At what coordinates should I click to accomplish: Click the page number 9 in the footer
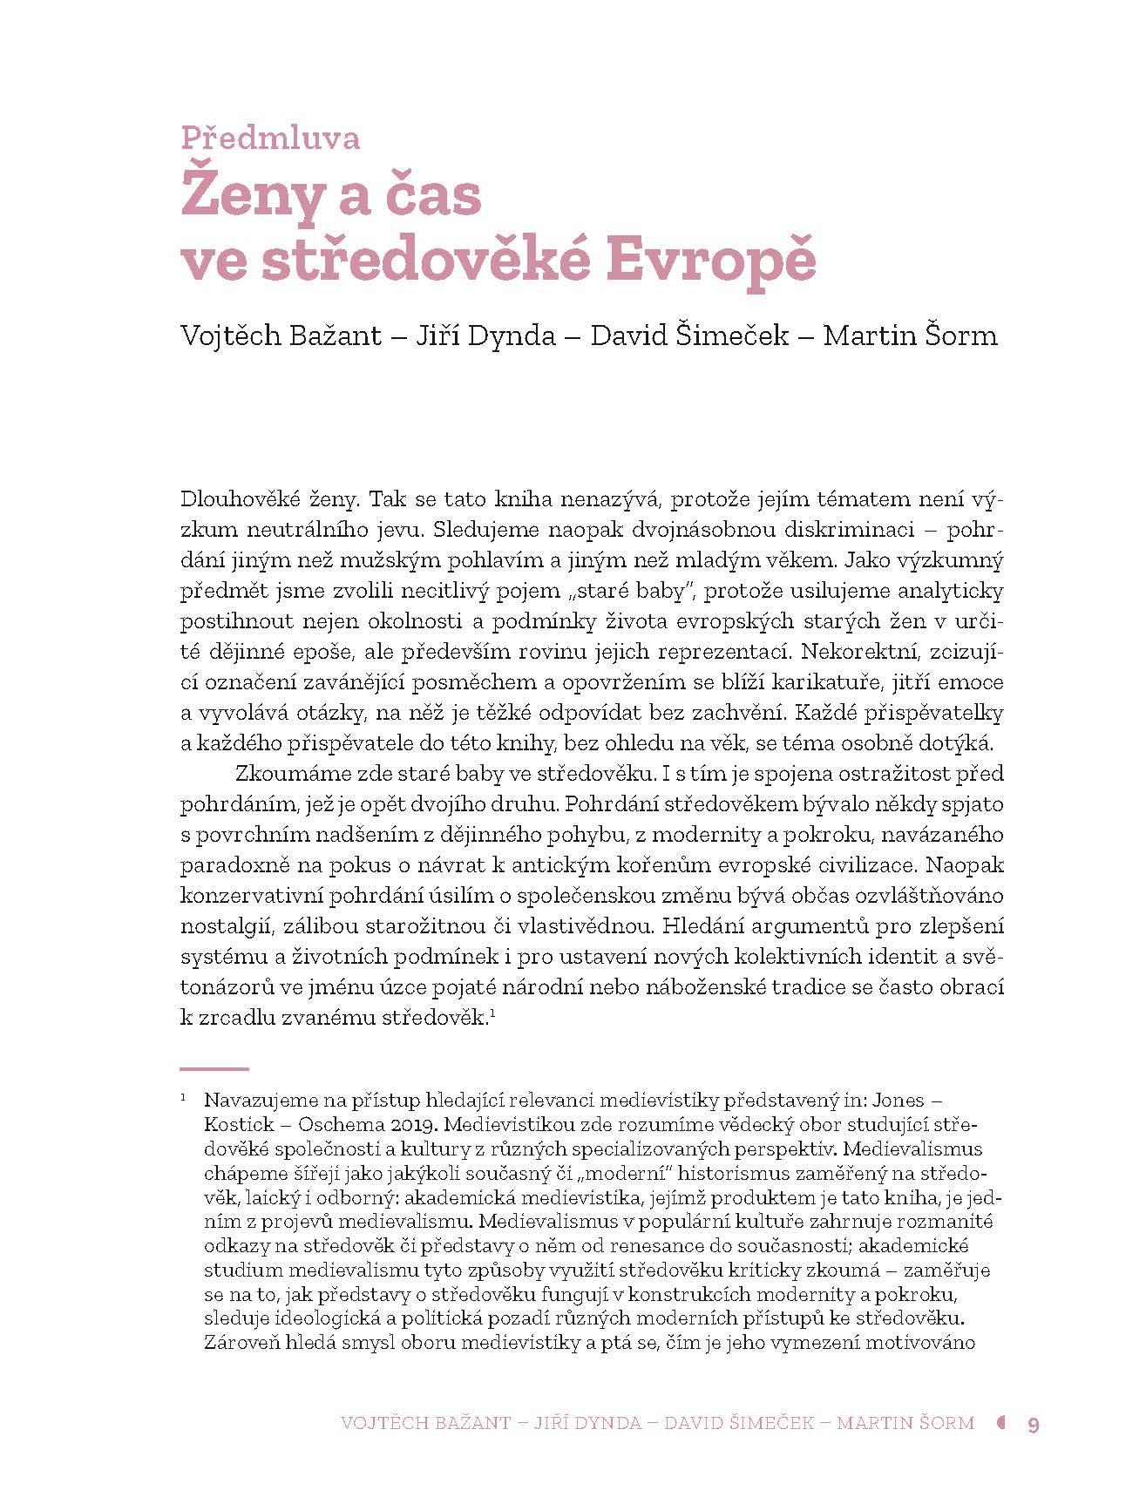click(1034, 1424)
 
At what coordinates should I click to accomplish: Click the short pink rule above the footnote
click(214, 1068)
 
